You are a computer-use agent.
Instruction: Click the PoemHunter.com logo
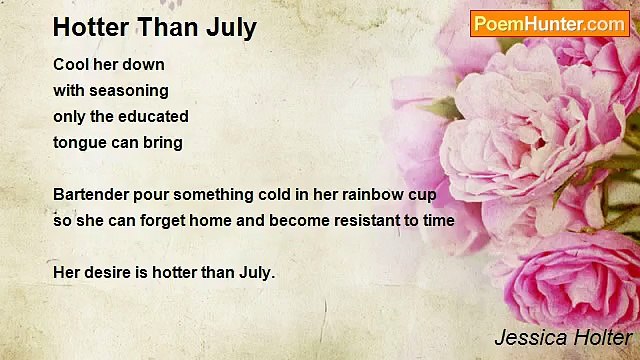[x=549, y=23]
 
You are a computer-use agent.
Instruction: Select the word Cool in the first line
[x=71, y=64]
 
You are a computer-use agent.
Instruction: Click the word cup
[x=422, y=194]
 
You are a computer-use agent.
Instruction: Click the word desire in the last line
[x=105, y=272]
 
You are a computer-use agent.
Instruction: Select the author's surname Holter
[x=603, y=338]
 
